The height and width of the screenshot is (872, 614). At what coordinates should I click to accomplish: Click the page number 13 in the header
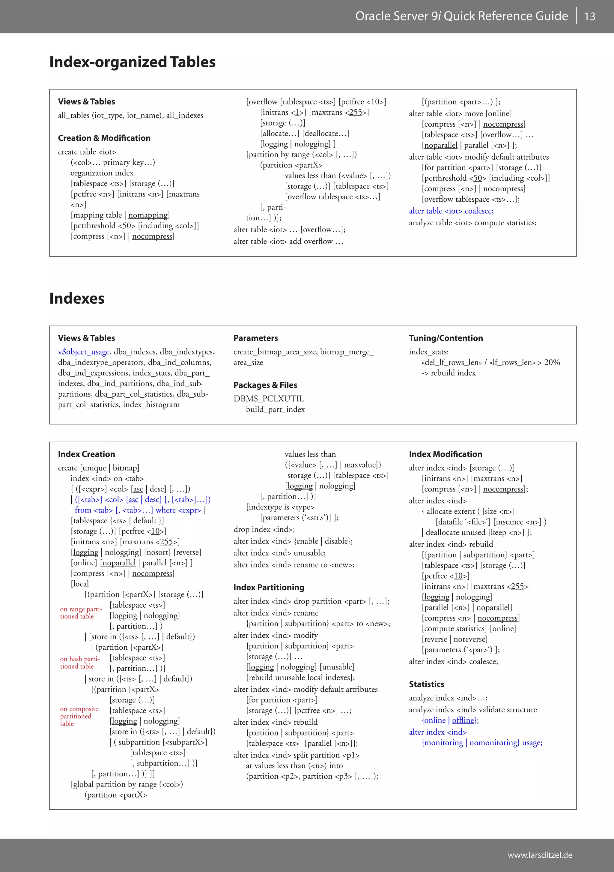[x=589, y=16]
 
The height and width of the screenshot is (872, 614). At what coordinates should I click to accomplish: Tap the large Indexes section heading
[x=77, y=298]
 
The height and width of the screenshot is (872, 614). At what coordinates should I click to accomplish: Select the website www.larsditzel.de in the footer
[x=540, y=855]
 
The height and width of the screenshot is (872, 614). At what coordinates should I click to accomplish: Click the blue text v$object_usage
[x=83, y=352]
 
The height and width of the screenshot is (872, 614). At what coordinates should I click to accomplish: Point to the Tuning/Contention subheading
[x=446, y=338]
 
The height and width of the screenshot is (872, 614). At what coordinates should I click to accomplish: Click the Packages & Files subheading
[x=265, y=385]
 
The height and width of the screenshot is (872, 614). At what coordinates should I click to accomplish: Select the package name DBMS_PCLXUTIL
[x=269, y=398]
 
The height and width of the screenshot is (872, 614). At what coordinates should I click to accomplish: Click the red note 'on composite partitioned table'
[x=79, y=716]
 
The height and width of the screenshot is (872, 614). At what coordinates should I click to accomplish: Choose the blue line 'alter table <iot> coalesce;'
[x=451, y=211]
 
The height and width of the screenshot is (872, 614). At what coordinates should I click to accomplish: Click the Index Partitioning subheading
[x=269, y=587]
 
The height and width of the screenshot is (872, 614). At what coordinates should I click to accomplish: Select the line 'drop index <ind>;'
[x=264, y=529]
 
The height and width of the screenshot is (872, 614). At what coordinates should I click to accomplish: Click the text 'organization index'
[x=102, y=173]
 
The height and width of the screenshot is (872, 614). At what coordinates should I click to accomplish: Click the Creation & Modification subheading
[x=104, y=138]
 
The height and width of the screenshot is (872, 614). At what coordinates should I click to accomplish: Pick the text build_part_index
[x=275, y=409]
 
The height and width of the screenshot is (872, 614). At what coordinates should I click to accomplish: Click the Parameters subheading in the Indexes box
[x=255, y=338]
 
